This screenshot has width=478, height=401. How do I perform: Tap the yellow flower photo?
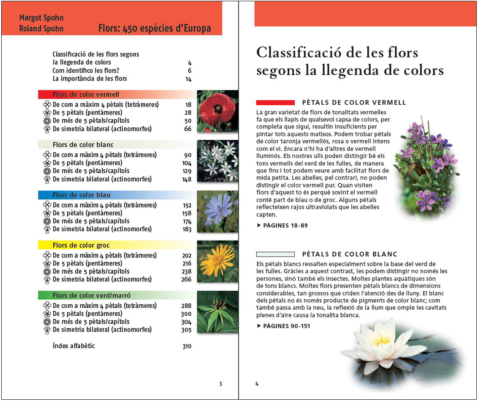(218, 261)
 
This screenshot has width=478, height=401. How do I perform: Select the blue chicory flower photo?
(218, 211)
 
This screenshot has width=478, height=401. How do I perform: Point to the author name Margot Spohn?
(41, 18)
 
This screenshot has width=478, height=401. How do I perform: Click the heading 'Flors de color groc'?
(81, 245)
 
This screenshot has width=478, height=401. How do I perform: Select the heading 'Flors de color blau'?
(81, 195)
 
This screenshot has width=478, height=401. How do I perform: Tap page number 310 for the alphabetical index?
(187, 347)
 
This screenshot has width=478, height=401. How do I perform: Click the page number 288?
(187, 306)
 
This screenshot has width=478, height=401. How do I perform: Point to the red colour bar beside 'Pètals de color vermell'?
(275, 103)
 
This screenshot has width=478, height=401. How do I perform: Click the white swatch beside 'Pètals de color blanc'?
(275, 254)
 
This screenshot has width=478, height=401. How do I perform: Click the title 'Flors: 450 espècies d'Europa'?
(154, 29)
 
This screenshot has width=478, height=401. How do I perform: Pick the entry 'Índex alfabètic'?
(73, 346)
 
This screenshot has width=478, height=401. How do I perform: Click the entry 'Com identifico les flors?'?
(86, 70)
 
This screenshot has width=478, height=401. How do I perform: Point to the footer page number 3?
(220, 384)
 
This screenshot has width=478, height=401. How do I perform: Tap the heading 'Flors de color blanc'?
(83, 145)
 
